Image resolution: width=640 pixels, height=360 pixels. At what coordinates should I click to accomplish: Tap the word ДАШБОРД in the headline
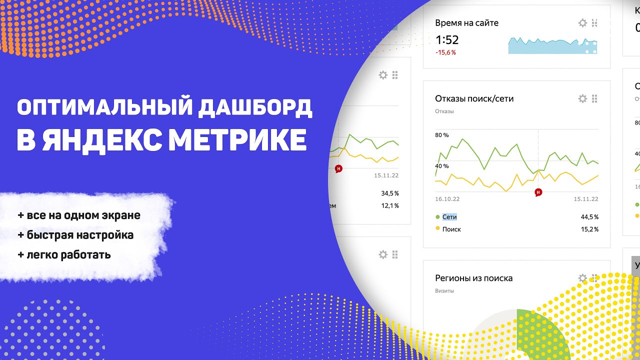(255, 108)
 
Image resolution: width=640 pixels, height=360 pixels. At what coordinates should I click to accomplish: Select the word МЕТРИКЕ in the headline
(237, 140)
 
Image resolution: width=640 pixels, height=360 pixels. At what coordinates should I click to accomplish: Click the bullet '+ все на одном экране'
(79, 215)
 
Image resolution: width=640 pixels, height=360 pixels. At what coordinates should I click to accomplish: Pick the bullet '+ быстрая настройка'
(75, 235)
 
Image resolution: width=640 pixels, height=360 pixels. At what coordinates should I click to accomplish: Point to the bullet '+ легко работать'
(64, 254)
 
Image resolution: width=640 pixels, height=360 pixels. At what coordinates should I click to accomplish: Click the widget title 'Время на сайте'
(466, 23)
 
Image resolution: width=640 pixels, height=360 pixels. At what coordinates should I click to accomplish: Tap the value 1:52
(447, 40)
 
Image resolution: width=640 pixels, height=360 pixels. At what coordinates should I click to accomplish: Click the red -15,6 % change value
(445, 52)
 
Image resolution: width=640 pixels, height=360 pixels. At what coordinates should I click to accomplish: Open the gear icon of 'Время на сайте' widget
(582, 23)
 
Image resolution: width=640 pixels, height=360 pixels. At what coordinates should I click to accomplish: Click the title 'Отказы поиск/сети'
(474, 98)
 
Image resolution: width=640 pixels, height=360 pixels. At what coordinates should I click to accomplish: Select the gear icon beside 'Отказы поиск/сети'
(582, 98)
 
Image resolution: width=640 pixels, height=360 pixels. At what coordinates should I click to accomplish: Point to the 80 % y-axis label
(442, 135)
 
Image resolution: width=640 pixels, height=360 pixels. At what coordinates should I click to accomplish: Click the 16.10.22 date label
(447, 199)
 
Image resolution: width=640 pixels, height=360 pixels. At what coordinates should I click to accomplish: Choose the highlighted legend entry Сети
(449, 217)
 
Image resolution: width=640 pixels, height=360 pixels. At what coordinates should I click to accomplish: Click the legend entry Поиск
(451, 229)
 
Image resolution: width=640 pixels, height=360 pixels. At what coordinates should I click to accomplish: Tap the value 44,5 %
(589, 217)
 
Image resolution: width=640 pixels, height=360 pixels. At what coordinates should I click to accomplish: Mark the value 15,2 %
(589, 229)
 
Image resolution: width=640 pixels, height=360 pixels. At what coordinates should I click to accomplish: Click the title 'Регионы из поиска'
(473, 278)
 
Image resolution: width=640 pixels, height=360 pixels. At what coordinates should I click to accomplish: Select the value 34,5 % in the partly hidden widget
(389, 193)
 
